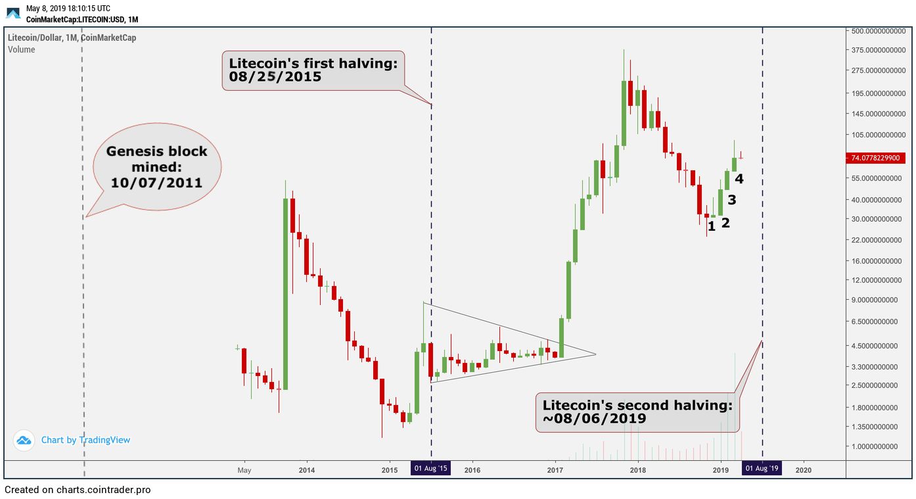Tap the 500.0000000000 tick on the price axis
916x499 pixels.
coord(879,31)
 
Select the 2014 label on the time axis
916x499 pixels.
coord(306,470)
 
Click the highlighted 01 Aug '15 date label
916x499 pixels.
coord(430,469)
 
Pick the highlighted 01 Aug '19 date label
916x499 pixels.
coord(762,469)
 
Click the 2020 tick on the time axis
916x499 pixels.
coord(803,470)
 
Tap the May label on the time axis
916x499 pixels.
coord(244,470)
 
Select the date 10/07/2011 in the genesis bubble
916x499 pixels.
coord(156,183)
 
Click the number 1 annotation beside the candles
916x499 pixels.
coord(712,227)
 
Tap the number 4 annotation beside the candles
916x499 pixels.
coord(739,179)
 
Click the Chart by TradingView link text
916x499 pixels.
coord(85,440)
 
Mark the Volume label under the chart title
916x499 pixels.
coord(22,50)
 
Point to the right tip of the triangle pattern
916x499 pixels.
coord(595,355)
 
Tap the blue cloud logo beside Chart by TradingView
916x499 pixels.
coord(24,440)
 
